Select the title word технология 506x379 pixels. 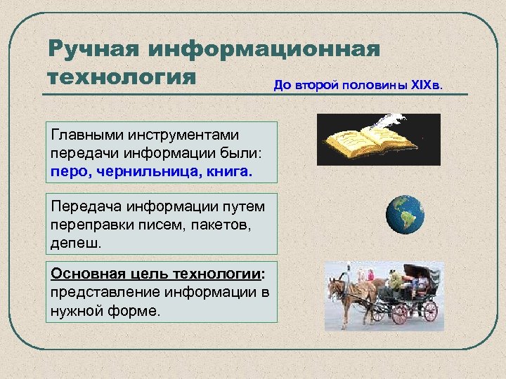[119, 76]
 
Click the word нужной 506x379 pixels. [78, 310]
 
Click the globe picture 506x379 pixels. [405, 214]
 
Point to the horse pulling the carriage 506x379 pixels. [348, 291]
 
